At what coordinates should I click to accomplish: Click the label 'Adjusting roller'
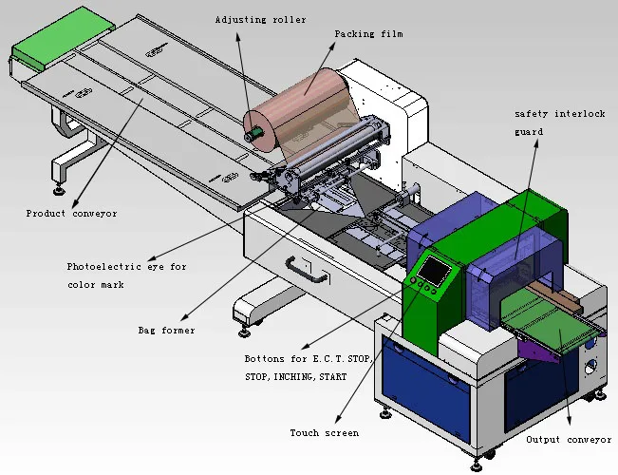[x=260, y=19]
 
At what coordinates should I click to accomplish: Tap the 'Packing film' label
[x=368, y=34]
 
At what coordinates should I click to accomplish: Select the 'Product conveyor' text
[x=72, y=214]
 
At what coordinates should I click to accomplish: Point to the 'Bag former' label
[x=166, y=331]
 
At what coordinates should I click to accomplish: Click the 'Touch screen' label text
[x=324, y=433]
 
